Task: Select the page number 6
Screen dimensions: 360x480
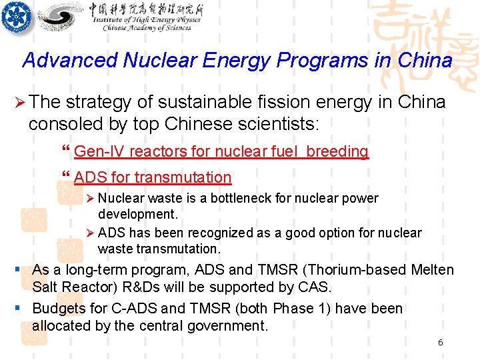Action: coord(440,342)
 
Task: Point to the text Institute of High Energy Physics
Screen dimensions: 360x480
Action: coord(147,20)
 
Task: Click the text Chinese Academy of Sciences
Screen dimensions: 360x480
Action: coord(147,27)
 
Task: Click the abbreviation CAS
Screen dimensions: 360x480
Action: coord(315,287)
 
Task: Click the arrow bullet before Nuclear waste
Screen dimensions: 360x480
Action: coord(91,199)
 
